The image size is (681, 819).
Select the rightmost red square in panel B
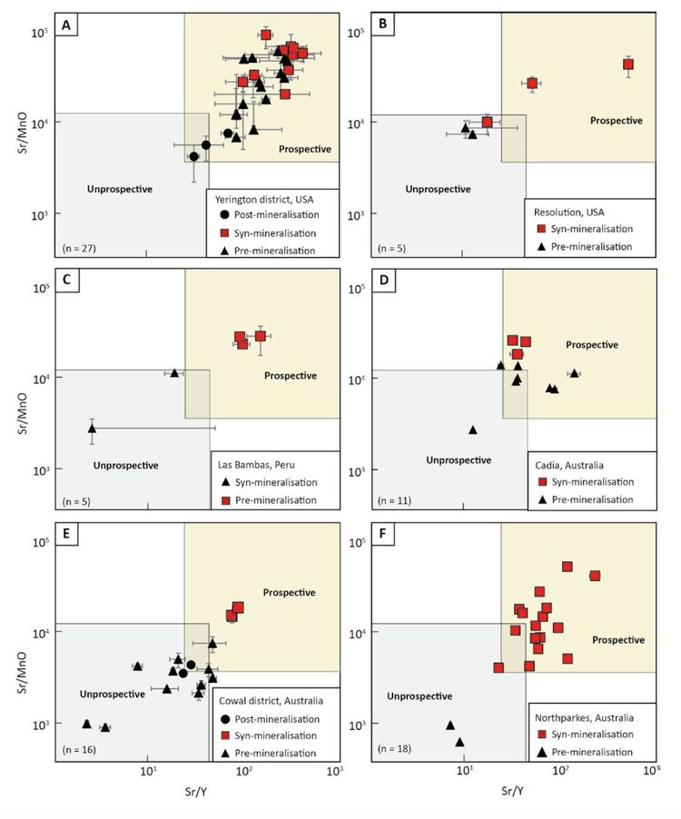(x=627, y=64)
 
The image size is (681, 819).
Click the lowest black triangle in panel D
(x=473, y=429)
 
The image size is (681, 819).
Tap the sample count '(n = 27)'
(x=80, y=246)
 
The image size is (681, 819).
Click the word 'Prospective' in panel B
(x=616, y=120)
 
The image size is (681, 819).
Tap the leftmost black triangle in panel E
(x=86, y=724)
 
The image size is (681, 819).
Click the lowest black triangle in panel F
(x=459, y=742)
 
